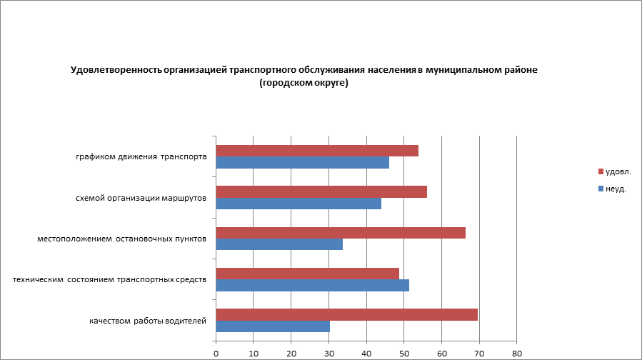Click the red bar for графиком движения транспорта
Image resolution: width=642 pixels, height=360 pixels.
tap(317, 151)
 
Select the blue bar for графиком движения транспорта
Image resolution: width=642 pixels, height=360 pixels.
tap(302, 162)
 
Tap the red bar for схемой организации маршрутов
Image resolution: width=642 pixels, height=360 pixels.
tap(321, 191)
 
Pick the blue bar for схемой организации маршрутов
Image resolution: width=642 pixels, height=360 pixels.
tap(299, 203)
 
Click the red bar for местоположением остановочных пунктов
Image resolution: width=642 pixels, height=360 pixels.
tap(341, 233)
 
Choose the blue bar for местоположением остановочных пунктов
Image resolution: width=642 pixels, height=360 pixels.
tap(279, 244)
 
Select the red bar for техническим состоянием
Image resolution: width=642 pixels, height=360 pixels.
tap(307, 274)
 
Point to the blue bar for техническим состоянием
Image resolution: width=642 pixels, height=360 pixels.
tap(312, 285)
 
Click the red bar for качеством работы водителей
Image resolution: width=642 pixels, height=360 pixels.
tap(346, 314)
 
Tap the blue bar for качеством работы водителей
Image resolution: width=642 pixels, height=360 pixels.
tap(273, 326)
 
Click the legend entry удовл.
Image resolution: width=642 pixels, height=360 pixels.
tap(618, 172)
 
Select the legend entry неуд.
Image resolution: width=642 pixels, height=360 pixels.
tap(616, 189)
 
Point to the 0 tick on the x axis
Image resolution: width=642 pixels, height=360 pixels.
tap(216, 353)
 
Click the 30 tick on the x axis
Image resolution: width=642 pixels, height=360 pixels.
tap(329, 353)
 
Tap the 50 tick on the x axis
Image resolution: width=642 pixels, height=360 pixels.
tap(404, 353)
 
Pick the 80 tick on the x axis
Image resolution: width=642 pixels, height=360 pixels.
tap(517, 353)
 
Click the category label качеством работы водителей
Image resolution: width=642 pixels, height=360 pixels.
tap(148, 321)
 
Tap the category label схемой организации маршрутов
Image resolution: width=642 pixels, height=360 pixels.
tap(141, 198)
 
